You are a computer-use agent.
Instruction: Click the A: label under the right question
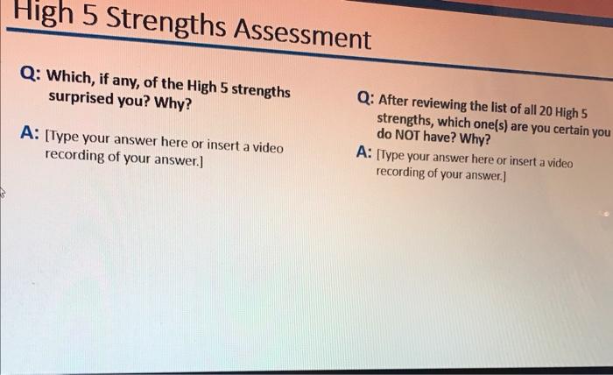coord(365,152)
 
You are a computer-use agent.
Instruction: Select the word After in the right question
coord(397,103)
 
